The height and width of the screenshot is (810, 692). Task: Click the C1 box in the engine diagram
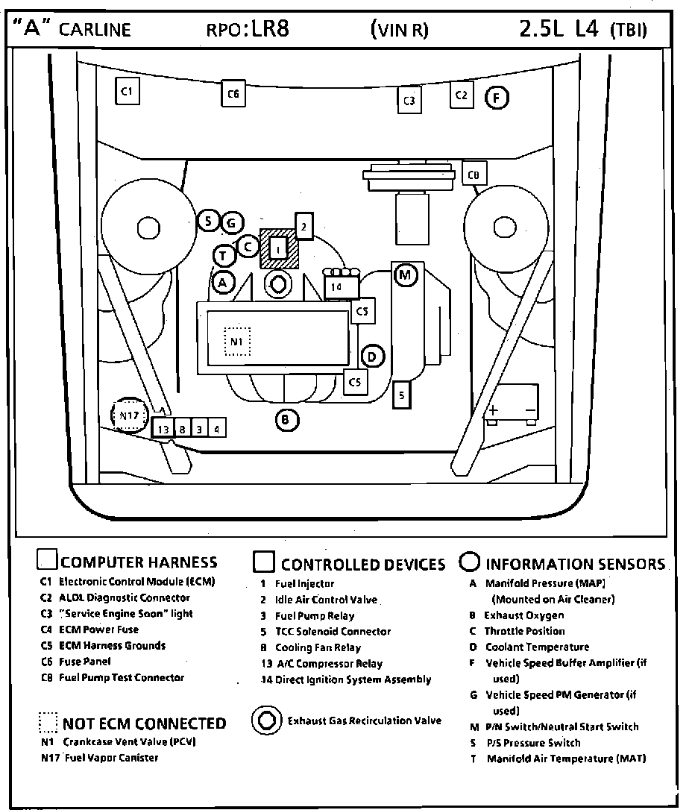tap(127, 91)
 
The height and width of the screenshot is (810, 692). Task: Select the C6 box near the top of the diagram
tap(233, 94)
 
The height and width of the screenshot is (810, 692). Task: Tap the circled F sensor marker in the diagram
tap(497, 98)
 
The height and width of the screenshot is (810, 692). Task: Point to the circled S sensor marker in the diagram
tap(209, 221)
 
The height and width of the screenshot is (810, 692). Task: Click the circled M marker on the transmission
tap(405, 274)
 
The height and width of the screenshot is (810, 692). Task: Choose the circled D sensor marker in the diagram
tap(372, 357)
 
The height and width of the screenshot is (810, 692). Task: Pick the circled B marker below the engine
tap(286, 421)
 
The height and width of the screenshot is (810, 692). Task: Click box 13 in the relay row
tap(163, 429)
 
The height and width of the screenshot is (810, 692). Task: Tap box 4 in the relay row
tap(217, 429)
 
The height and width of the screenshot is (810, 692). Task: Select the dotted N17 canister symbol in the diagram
tap(129, 416)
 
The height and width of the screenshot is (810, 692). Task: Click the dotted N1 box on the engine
tap(237, 342)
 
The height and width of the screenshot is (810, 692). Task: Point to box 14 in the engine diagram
tap(336, 286)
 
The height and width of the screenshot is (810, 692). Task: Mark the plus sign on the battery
tap(493, 410)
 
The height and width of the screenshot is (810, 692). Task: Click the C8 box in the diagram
tap(474, 175)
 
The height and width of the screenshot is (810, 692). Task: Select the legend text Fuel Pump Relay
tap(315, 615)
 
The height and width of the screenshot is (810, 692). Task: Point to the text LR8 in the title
tap(269, 30)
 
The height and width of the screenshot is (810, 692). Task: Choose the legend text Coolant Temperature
tap(537, 647)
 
